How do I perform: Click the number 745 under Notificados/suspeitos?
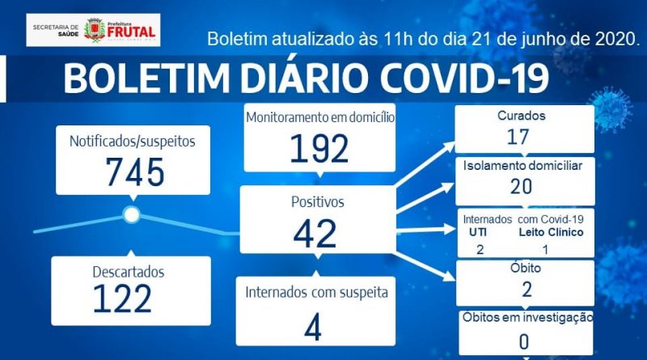pyautogui.click(x=135, y=172)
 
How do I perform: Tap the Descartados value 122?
pyautogui.click(x=123, y=299)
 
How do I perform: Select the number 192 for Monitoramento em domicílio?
pyautogui.click(x=319, y=149)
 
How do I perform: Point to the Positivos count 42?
pyautogui.click(x=315, y=234)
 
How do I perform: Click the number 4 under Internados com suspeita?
pyautogui.click(x=313, y=328)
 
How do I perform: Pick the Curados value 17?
pyautogui.click(x=518, y=137)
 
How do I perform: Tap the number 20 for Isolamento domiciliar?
pyautogui.click(x=521, y=187)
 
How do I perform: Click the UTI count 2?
pyautogui.click(x=480, y=249)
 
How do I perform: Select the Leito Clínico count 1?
pyautogui.click(x=545, y=249)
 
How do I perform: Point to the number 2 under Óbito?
pyautogui.click(x=526, y=290)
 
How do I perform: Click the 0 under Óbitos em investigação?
pyautogui.click(x=523, y=342)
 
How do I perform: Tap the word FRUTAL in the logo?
pyautogui.click(x=131, y=32)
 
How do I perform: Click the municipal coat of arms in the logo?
pyautogui.click(x=95, y=30)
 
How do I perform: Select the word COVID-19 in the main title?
pyautogui.click(x=464, y=78)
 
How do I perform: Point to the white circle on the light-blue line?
pyautogui.click(x=132, y=214)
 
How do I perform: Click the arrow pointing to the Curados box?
pyautogui.click(x=425, y=163)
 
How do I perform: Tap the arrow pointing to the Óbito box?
pyautogui.click(x=426, y=267)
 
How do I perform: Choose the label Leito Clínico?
pyautogui.click(x=551, y=232)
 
